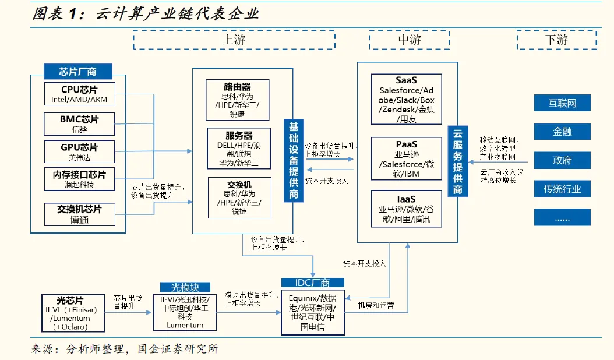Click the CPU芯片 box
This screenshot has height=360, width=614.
pyautogui.click(x=80, y=94)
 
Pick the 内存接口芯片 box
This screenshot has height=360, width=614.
pyautogui.click(x=80, y=179)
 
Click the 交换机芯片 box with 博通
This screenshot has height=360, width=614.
pyautogui.click(x=80, y=214)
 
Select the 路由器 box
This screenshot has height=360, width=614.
pyautogui.click(x=237, y=99)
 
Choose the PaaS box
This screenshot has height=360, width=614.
pyautogui.click(x=407, y=158)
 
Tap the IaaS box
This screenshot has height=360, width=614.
pyautogui.click(x=407, y=208)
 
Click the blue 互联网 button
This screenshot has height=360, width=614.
pyautogui.click(x=562, y=103)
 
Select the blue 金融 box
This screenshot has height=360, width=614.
pyautogui.click(x=562, y=132)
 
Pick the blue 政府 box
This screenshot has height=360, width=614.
pyautogui.click(x=562, y=160)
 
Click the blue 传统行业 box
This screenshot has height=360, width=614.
pyautogui.click(x=562, y=189)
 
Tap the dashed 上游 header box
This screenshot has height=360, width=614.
pyautogui.click(x=234, y=40)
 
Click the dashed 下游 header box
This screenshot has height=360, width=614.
pyautogui.click(x=556, y=40)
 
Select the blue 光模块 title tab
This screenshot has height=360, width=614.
pyautogui.click(x=185, y=287)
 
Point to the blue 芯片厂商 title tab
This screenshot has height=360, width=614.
pyautogui.click(x=77, y=72)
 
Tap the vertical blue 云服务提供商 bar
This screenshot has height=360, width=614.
pyautogui.click(x=458, y=161)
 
